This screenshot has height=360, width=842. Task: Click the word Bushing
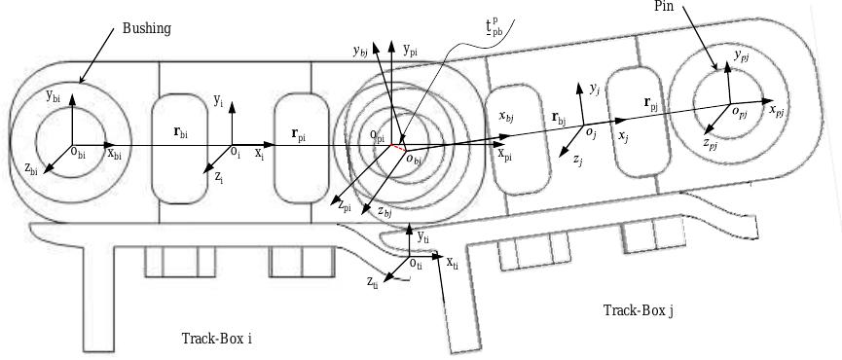pyautogui.click(x=146, y=28)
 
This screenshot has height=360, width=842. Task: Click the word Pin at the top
pyautogui.click(x=667, y=6)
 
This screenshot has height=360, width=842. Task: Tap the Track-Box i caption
pyautogui.click(x=216, y=339)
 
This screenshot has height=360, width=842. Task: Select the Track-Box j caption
pyautogui.click(x=639, y=310)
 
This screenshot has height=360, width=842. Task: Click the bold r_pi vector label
pyautogui.click(x=296, y=137)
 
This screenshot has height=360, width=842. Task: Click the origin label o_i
pyautogui.click(x=235, y=152)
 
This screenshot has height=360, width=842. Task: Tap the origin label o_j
pyautogui.click(x=590, y=130)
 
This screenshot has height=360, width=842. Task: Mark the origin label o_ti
pyautogui.click(x=416, y=262)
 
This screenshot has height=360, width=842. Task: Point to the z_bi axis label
pyautogui.click(x=32, y=168)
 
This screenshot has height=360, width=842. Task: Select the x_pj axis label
pyautogui.click(x=777, y=111)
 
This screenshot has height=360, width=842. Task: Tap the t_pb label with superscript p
pyautogui.click(x=495, y=25)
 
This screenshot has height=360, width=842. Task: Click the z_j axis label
pyautogui.click(x=577, y=159)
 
